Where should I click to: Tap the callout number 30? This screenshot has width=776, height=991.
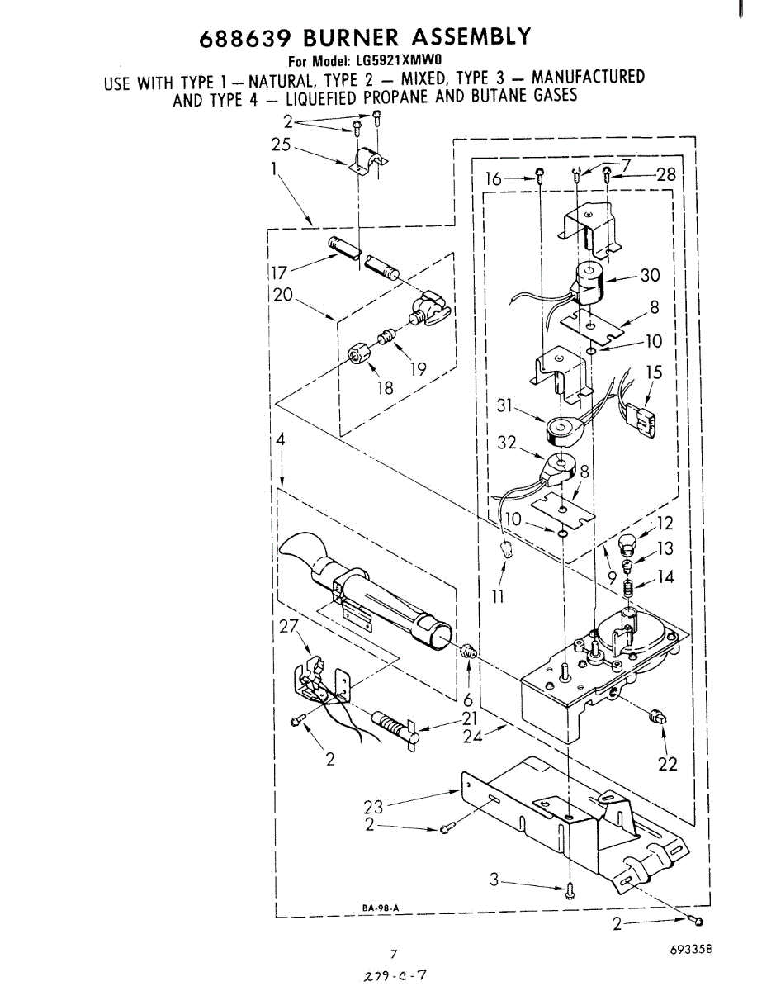point(650,276)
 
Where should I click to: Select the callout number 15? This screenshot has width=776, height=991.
point(654,372)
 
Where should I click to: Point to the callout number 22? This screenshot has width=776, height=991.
point(667,764)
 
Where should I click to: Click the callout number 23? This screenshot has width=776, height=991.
point(373,807)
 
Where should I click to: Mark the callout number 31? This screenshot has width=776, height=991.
point(506,405)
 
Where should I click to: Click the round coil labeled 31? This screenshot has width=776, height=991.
point(561,429)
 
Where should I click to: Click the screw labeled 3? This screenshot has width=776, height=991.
point(569,889)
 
